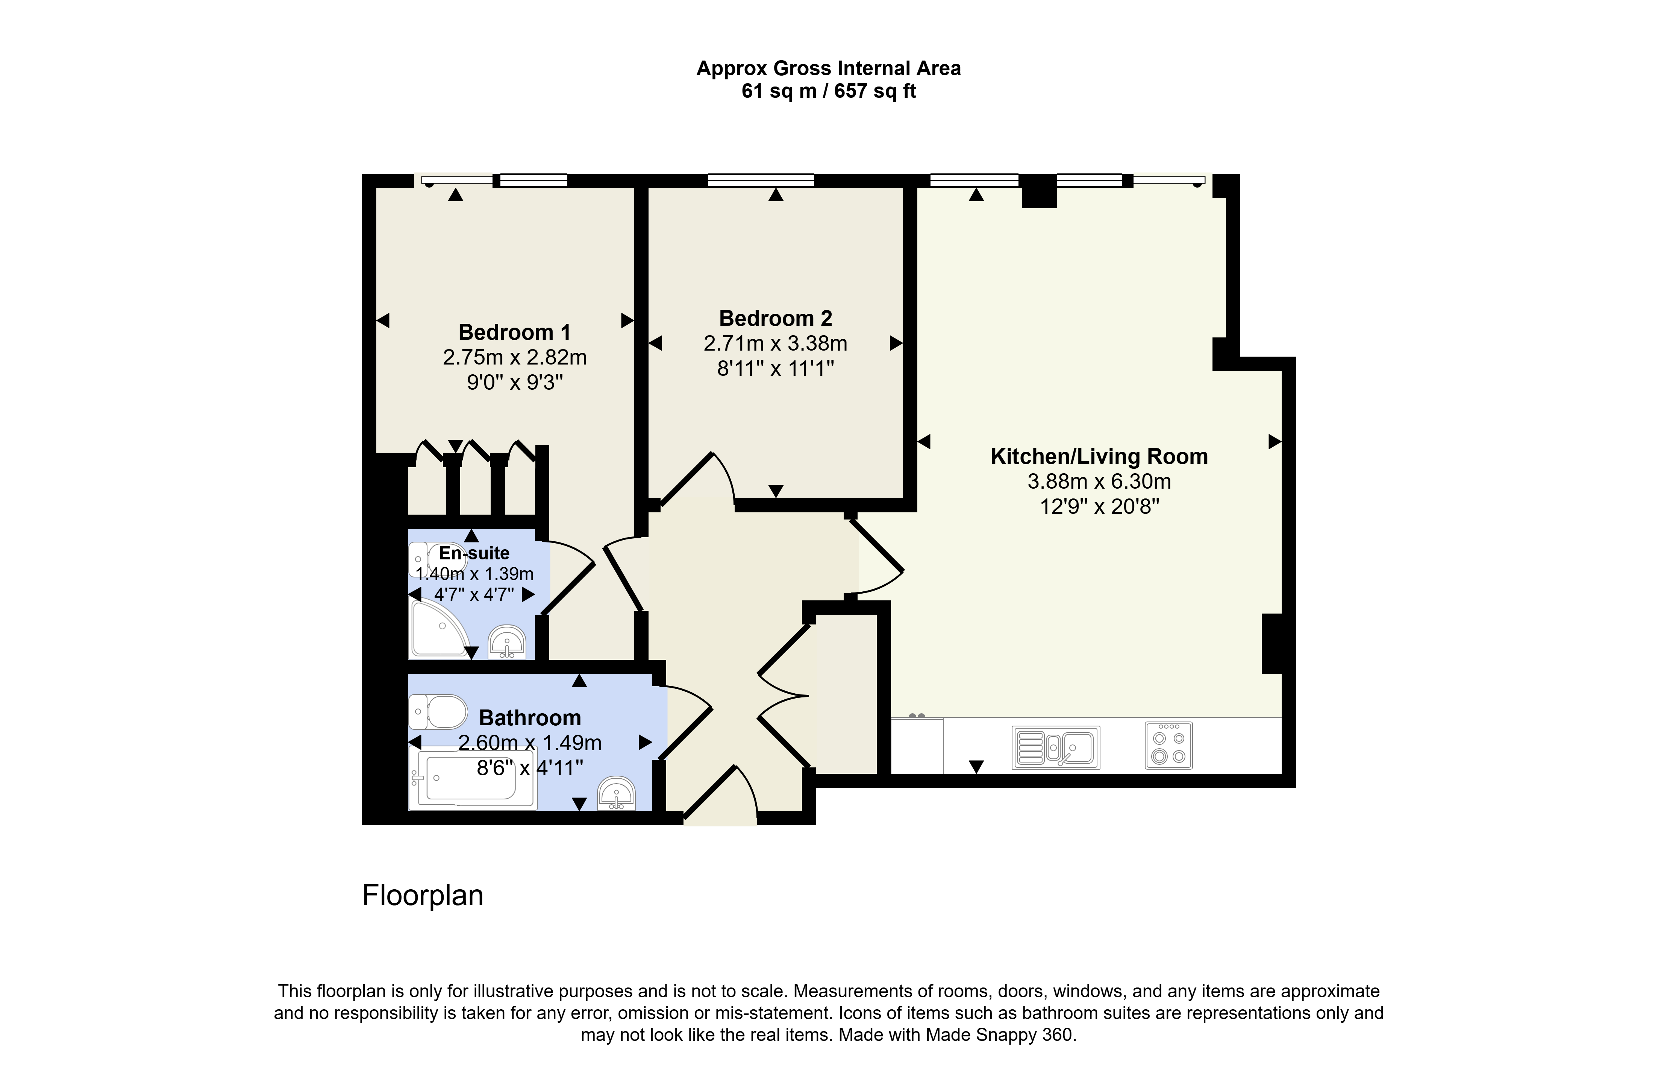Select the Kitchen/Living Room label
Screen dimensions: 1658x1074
pos(1099,457)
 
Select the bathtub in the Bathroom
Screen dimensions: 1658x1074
pos(473,778)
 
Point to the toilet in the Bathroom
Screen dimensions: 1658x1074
pos(438,712)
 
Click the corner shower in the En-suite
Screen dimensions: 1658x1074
pos(439,629)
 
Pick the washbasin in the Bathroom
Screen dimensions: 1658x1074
pos(617,793)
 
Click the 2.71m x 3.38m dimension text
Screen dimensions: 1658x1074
pos(775,343)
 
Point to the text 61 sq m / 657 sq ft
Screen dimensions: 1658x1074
pos(828,91)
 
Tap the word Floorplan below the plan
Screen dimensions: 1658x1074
pos(423,896)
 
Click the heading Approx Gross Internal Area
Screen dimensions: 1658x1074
pos(828,68)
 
